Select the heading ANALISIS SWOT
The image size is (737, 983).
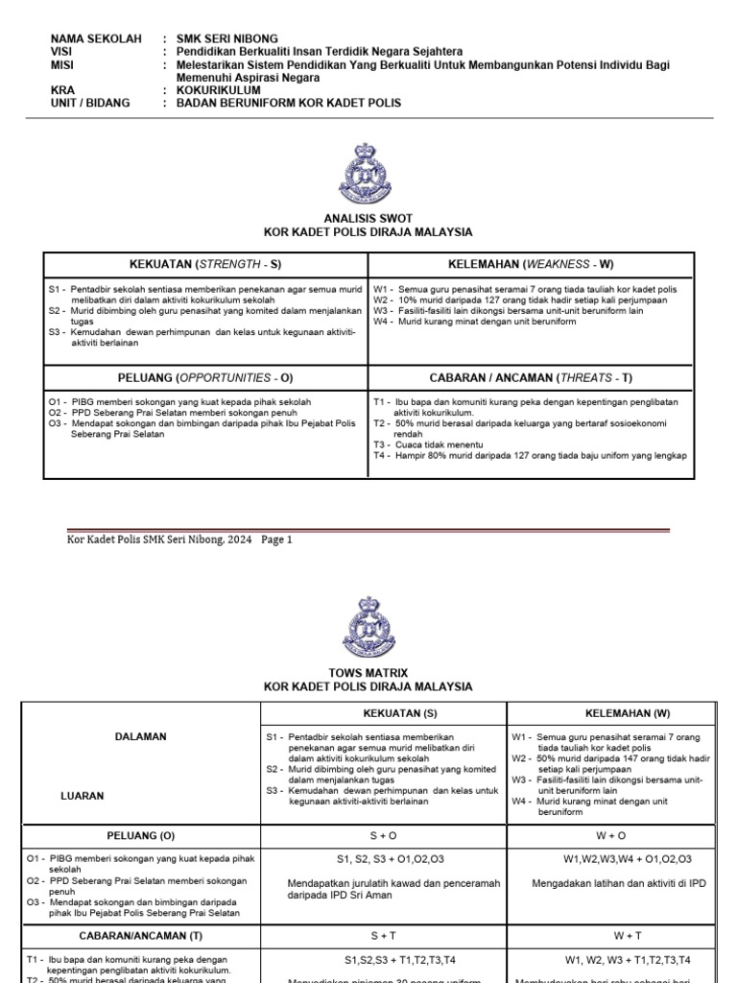368,219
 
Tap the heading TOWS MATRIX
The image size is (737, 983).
368,674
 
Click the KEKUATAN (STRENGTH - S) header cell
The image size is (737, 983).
204,263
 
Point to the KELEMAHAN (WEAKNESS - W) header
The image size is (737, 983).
530,263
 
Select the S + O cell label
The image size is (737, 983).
383,836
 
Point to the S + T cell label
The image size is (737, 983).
383,934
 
